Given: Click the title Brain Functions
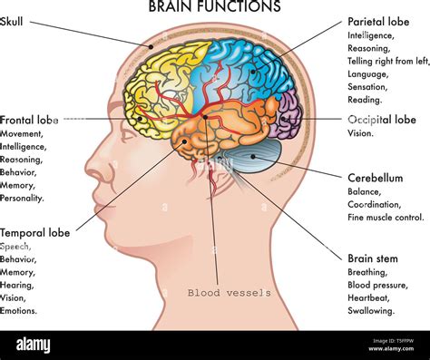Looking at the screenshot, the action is click(x=214, y=7).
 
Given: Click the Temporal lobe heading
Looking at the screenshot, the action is click(x=35, y=232).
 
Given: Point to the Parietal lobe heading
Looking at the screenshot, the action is click(x=377, y=21).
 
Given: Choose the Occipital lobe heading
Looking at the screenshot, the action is click(x=381, y=120).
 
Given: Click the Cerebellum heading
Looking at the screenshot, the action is click(x=375, y=179).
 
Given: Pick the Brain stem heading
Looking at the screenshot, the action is click(x=372, y=258).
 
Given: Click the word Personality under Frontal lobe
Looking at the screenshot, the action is click(x=22, y=198).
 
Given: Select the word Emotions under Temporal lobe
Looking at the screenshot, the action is click(x=19, y=310).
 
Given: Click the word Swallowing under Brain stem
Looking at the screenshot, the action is click(x=371, y=310).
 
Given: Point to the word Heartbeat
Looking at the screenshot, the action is click(x=369, y=297).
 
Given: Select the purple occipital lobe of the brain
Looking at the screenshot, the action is click(x=288, y=116).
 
